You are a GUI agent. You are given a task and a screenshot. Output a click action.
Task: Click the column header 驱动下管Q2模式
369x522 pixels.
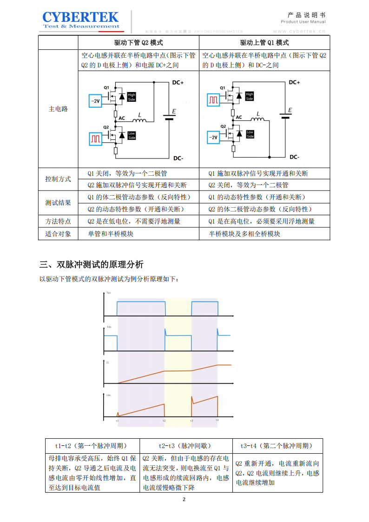point(138,43)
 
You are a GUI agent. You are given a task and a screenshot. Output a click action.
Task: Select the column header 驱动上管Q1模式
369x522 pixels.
point(264,43)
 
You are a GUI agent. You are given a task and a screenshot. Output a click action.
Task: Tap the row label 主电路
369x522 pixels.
point(58,109)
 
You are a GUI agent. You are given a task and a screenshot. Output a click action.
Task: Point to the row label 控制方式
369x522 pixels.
point(58,179)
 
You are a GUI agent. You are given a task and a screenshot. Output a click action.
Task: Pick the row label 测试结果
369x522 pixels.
point(58,203)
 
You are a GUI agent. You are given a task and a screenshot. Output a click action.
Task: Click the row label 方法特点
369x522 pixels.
point(58,221)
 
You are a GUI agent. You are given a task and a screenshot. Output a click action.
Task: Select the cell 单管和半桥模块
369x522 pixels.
point(111,234)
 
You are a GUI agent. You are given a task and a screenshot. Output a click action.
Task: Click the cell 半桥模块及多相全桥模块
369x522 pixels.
point(244,234)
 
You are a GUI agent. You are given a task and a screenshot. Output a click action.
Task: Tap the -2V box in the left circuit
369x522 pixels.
point(95,100)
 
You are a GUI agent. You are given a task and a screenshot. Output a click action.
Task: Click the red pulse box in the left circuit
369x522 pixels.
point(95,138)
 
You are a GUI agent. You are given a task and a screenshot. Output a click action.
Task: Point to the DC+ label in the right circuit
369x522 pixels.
point(294,82)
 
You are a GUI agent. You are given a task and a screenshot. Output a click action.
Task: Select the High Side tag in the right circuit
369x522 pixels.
point(250,97)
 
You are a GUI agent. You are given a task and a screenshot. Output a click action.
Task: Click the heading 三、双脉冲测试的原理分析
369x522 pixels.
point(92,265)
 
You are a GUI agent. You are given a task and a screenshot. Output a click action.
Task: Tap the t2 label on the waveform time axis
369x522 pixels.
point(164,420)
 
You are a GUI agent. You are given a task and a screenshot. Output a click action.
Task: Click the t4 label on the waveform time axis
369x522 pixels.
point(217,420)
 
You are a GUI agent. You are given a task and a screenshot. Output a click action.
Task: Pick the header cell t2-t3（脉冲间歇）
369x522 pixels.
point(186,445)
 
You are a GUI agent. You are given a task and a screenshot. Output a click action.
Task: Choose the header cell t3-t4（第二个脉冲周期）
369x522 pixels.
point(277,445)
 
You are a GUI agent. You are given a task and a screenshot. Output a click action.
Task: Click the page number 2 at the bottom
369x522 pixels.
point(184,499)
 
